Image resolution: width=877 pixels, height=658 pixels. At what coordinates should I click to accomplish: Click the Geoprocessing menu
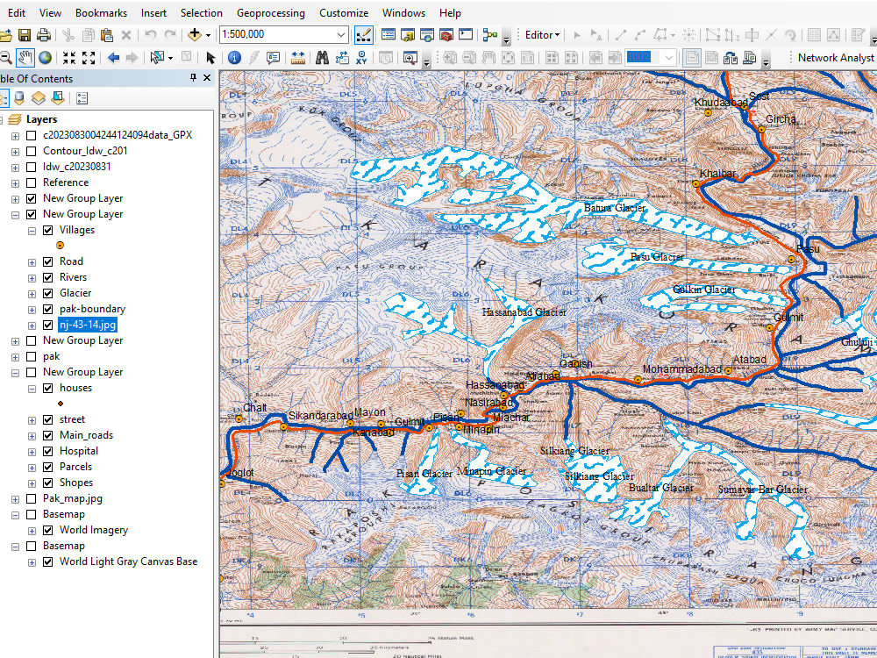(270, 13)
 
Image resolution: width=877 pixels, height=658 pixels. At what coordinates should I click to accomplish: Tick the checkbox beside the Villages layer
(48, 230)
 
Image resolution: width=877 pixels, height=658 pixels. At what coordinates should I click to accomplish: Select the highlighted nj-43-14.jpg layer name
(88, 325)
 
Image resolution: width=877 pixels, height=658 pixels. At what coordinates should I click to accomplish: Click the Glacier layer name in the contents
(75, 293)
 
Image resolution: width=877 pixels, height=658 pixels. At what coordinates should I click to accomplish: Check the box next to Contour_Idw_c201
(32, 151)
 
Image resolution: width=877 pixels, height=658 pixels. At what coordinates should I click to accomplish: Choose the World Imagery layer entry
(93, 530)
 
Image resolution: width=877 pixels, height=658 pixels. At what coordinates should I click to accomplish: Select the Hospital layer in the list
(79, 451)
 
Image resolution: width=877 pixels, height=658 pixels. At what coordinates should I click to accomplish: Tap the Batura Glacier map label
(615, 208)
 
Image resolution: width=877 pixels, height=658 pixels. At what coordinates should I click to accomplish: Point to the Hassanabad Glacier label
(524, 311)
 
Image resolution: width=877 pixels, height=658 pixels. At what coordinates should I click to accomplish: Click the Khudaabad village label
(721, 103)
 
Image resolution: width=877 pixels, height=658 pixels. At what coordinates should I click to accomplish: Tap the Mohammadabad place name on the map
(681, 369)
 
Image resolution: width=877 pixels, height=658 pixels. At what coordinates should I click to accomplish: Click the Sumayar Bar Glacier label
(762, 490)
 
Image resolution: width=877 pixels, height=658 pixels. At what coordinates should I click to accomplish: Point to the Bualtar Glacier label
(661, 488)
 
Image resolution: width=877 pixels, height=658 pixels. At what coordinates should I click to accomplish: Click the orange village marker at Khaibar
(695, 184)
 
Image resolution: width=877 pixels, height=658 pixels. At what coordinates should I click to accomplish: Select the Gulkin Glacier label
(703, 290)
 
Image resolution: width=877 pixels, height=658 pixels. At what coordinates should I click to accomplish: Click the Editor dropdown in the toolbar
(542, 35)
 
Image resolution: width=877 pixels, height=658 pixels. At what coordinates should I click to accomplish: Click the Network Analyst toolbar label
(835, 57)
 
